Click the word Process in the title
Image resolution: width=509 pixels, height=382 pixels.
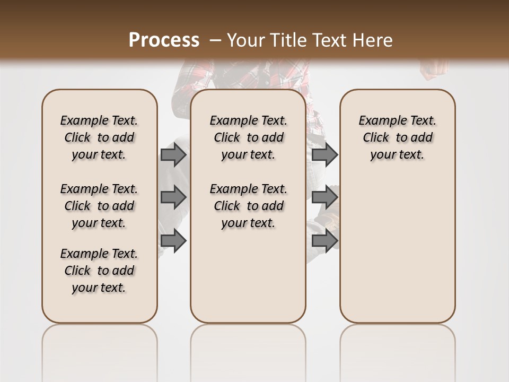point(164,40)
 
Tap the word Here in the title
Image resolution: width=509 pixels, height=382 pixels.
point(373,40)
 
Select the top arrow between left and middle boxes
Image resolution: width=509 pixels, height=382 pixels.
point(173,154)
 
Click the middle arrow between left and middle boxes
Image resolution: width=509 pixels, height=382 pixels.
point(173,197)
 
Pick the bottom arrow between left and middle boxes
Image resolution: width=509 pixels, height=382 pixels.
point(173,240)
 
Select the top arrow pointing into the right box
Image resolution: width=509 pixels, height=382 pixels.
point(325,154)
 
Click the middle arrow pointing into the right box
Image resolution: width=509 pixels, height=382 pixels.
point(325,197)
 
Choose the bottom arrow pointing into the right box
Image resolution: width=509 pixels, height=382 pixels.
point(325,240)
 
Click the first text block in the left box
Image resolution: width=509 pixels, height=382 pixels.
point(99,137)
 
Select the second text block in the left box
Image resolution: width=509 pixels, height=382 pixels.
point(99,206)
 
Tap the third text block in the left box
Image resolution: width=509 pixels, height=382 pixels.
point(99,271)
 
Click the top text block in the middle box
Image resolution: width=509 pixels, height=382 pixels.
point(249,137)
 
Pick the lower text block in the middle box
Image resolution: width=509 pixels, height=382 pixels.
point(249,206)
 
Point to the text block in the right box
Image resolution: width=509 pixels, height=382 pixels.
point(398,137)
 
